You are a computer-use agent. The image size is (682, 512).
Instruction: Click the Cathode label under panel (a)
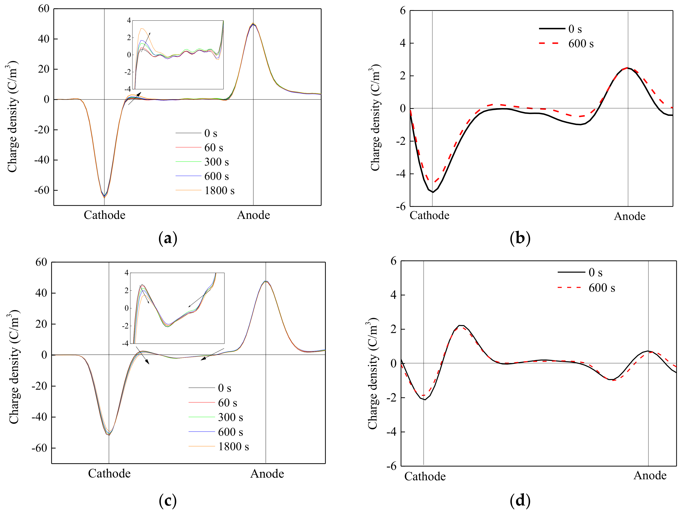tap(105, 215)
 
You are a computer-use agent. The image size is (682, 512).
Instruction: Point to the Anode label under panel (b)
tap(629, 216)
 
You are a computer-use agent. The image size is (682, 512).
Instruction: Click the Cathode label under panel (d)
tap(425, 476)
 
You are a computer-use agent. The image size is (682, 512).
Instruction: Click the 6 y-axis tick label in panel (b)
tap(403, 11)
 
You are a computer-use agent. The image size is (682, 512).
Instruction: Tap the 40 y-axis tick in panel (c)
tap(41, 293)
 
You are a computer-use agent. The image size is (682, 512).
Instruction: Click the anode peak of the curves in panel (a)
tap(253, 24)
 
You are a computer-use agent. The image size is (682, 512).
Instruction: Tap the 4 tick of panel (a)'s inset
tap(129, 21)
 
